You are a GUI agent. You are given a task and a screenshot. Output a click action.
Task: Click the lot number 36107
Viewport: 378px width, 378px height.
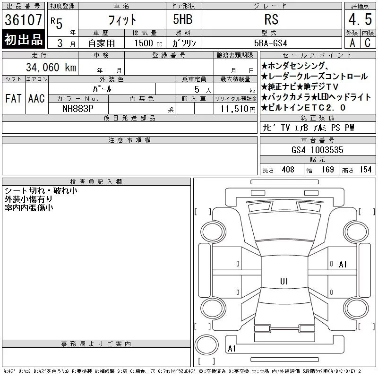tap(23, 19)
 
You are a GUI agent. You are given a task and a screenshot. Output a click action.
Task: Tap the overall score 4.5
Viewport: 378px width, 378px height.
tap(360, 19)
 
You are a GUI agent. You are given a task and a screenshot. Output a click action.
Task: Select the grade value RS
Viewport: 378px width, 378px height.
tap(271, 19)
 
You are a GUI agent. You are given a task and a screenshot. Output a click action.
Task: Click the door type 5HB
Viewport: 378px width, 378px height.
tap(183, 19)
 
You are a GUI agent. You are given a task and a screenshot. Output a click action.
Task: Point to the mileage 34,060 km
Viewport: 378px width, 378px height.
tap(51, 67)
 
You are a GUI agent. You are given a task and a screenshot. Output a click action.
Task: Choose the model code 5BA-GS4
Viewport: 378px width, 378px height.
tap(271, 43)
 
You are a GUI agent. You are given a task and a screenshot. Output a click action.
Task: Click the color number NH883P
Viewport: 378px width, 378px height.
tap(77, 109)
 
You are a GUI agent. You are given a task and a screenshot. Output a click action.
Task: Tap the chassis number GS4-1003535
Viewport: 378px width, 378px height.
tap(317, 150)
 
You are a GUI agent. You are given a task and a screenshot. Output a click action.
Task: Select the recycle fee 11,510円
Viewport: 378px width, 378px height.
tap(238, 109)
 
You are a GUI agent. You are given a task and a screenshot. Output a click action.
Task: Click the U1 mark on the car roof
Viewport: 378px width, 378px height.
tap(284, 281)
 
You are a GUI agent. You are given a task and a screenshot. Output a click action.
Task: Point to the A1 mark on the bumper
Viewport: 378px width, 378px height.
tap(232, 349)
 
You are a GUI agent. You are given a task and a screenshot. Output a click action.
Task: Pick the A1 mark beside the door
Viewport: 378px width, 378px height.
tap(343, 265)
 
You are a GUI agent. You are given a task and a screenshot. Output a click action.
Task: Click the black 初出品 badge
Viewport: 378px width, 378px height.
tap(23, 39)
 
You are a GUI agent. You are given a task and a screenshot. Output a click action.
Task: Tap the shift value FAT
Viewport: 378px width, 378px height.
tap(14, 98)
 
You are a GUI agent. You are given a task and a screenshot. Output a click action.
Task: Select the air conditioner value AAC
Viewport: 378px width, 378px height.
tap(37, 98)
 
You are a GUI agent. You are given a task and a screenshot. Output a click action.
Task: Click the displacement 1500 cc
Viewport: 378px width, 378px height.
tap(148, 43)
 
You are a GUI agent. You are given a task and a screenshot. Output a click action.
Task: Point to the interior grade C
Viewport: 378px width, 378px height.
tap(368, 43)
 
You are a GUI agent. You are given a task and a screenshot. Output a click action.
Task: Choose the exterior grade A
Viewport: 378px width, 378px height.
tap(352, 43)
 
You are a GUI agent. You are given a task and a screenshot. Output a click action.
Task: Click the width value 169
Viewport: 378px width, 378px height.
tap(328, 170)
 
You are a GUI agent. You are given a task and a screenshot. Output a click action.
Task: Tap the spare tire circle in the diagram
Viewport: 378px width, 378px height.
tap(206, 345)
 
